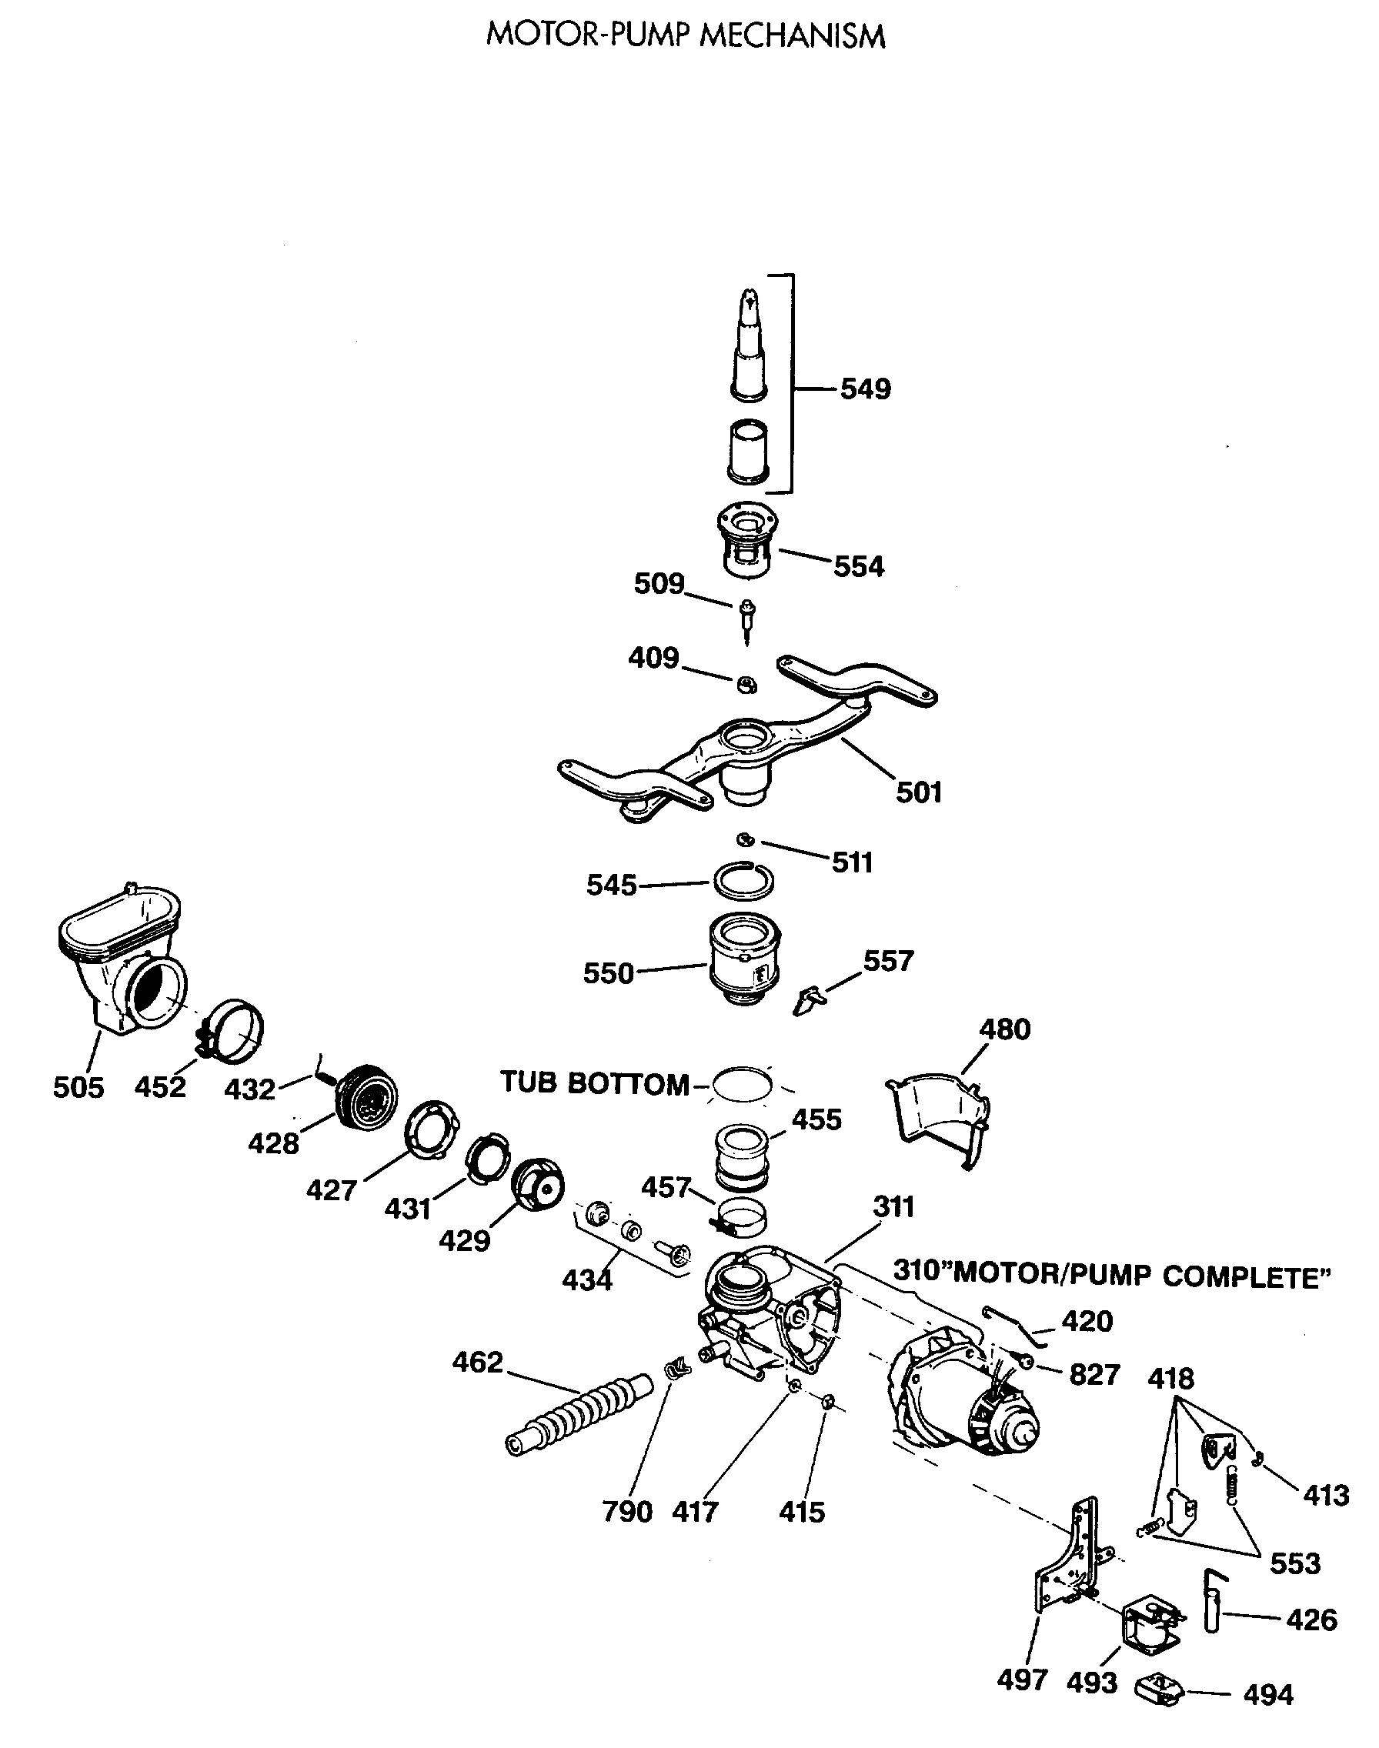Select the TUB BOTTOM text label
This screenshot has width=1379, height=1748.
click(x=595, y=1083)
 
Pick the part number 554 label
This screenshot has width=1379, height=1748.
click(x=858, y=566)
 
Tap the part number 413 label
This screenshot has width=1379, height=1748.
click(x=1326, y=1496)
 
